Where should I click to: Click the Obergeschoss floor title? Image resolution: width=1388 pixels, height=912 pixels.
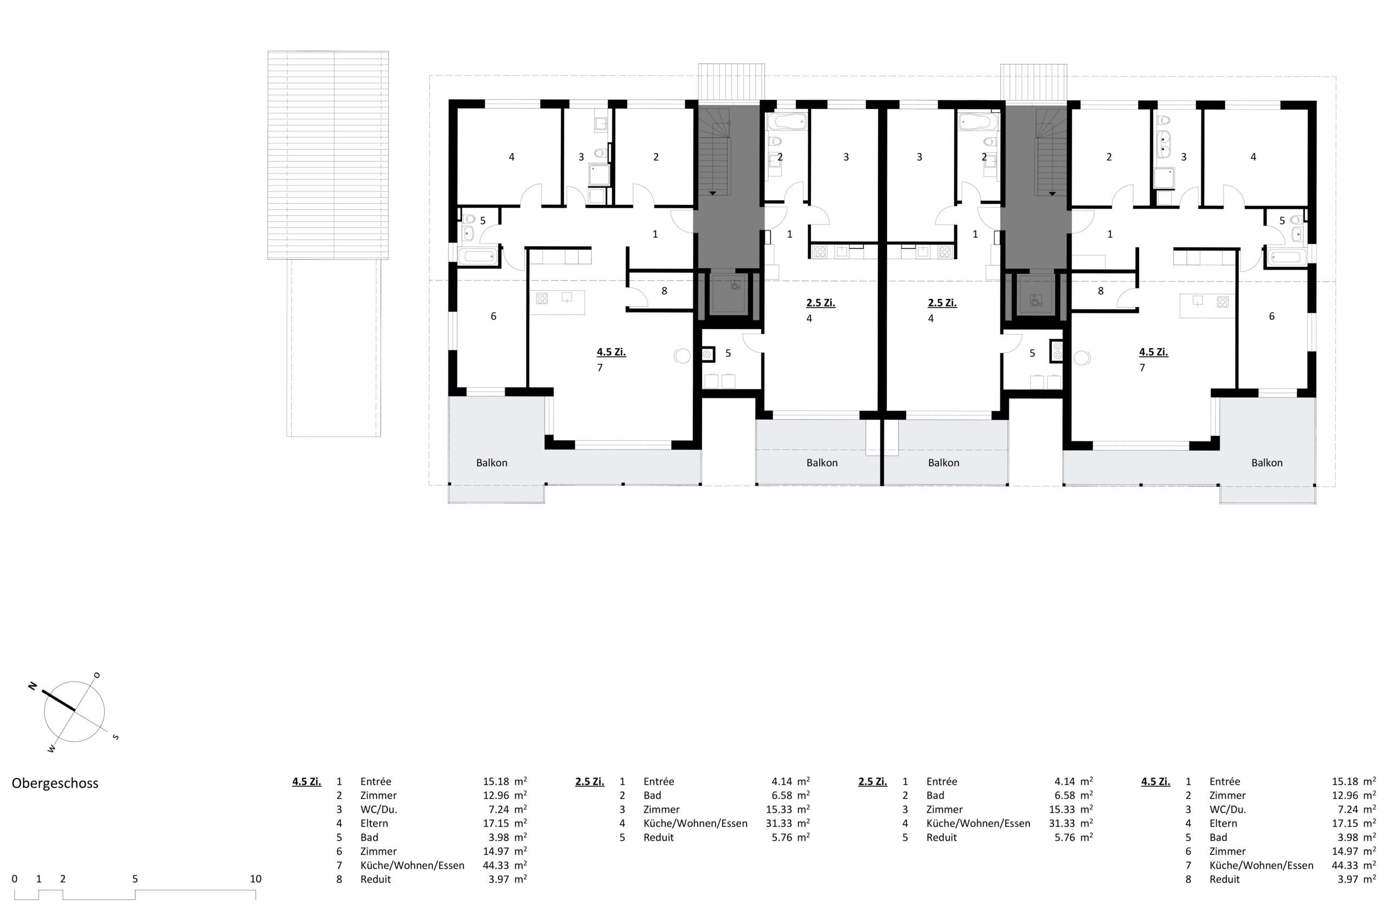[55, 783]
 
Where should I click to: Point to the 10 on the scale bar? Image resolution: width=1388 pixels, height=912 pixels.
[255, 879]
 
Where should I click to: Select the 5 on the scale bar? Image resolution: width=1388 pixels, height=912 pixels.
[134, 879]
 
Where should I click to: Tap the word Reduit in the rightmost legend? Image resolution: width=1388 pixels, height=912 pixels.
[1225, 879]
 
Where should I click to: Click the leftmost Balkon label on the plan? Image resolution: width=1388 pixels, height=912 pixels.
[492, 463]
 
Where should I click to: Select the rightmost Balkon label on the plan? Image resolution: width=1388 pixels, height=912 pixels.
[1267, 463]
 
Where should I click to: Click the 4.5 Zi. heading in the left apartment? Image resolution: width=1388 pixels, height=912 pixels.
[611, 352]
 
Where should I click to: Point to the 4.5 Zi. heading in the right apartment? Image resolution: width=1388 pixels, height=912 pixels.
[1154, 352]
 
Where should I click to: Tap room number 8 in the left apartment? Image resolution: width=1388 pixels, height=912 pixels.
[664, 291]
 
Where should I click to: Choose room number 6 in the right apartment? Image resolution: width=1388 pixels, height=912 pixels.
[1271, 316]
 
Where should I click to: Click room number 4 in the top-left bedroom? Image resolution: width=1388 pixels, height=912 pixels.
[511, 157]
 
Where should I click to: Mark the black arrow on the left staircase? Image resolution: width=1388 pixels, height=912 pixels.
[712, 192]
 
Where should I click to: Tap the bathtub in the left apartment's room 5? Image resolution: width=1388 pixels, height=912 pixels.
[478, 256]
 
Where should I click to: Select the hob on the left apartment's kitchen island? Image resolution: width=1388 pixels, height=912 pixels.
[542, 299]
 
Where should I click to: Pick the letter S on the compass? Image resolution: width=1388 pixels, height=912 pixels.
[115, 737]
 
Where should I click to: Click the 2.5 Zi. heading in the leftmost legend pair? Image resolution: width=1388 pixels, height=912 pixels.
[589, 781]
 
